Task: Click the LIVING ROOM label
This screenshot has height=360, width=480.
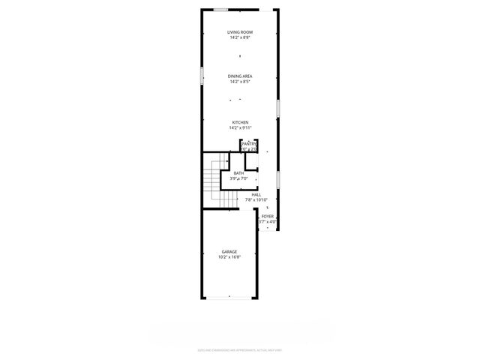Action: click(240, 31)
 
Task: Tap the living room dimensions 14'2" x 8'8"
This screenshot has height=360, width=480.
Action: click(240, 37)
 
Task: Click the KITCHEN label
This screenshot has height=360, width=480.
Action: click(240, 122)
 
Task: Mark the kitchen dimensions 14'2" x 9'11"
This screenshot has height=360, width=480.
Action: click(240, 127)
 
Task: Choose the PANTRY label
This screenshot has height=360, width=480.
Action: click(250, 144)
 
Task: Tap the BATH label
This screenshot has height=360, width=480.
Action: click(238, 173)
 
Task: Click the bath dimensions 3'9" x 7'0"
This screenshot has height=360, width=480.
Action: click(238, 178)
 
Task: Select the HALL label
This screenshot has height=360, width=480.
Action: click(256, 194)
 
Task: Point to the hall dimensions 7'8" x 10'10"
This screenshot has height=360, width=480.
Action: click(256, 199)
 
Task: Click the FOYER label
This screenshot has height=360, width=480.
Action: click(268, 216)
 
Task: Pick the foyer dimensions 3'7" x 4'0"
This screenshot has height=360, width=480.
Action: click(268, 221)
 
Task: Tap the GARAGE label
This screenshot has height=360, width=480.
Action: click(229, 251)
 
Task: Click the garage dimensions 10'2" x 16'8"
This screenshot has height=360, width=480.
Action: click(229, 256)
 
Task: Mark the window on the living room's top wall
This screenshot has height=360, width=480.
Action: click(221, 10)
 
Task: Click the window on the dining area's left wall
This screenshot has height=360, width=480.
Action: click(202, 76)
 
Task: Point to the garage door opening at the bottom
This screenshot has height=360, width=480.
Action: click(229, 298)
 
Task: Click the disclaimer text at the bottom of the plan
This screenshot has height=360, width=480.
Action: click(240, 349)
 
